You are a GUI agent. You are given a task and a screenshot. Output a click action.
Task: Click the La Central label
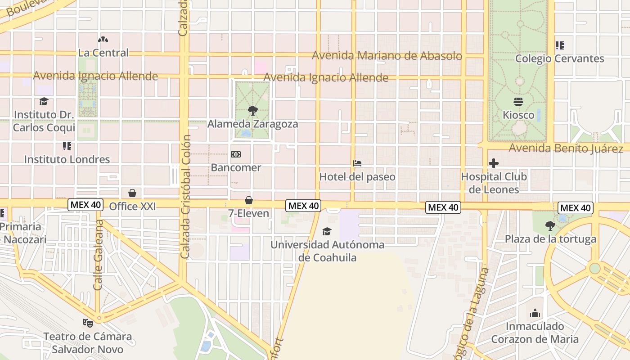point(103,53)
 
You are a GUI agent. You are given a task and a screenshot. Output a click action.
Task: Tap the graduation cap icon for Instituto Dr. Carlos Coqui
point(44,102)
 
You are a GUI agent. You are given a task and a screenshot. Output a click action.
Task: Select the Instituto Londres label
point(67,159)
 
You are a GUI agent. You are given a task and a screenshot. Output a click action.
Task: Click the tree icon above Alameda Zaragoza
point(252,111)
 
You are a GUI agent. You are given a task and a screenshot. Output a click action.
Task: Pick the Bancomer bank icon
point(236,155)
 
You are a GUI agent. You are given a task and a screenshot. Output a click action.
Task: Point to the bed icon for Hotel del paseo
point(357,163)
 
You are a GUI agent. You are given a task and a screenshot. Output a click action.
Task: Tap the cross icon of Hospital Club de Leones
point(494,163)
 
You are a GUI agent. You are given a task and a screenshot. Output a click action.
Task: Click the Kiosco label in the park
point(518,115)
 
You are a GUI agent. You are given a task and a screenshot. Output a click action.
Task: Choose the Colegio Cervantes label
point(559,58)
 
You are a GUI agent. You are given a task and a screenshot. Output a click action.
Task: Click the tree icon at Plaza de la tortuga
point(550,226)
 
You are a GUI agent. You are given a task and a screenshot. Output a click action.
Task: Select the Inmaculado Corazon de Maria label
point(535,333)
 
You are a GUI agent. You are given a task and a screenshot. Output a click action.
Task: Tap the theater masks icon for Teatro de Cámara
point(87,323)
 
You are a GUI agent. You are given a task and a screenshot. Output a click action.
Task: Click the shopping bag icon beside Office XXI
point(132,193)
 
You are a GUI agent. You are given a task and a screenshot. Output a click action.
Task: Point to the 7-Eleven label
point(248,213)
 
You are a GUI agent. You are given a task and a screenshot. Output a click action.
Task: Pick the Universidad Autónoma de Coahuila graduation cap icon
point(327,232)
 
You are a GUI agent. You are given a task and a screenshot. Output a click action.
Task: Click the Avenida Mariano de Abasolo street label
point(387,56)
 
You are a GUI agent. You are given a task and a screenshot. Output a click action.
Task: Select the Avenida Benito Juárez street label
point(566,148)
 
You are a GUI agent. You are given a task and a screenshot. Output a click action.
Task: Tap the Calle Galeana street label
point(99,255)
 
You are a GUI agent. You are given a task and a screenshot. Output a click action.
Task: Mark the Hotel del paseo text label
point(357,177)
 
